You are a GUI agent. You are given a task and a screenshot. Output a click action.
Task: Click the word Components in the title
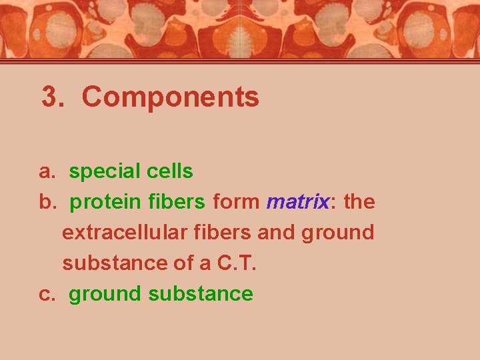(x=170, y=97)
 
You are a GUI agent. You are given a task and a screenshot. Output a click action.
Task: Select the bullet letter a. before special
(x=47, y=172)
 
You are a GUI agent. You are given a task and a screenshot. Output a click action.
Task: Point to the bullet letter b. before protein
(x=47, y=202)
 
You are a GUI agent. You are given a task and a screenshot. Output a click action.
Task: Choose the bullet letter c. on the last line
(x=47, y=294)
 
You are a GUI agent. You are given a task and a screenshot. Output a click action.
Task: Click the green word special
(x=104, y=172)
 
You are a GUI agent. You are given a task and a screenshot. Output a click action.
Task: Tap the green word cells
(x=169, y=172)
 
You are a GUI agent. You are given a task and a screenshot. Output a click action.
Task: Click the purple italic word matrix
(x=298, y=202)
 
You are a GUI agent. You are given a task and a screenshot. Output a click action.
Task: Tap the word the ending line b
(x=359, y=202)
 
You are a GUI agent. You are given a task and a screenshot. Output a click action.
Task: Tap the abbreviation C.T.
(x=237, y=263)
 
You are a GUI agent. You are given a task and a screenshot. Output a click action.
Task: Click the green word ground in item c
(x=105, y=295)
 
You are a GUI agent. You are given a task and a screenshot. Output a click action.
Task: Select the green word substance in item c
(x=201, y=294)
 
